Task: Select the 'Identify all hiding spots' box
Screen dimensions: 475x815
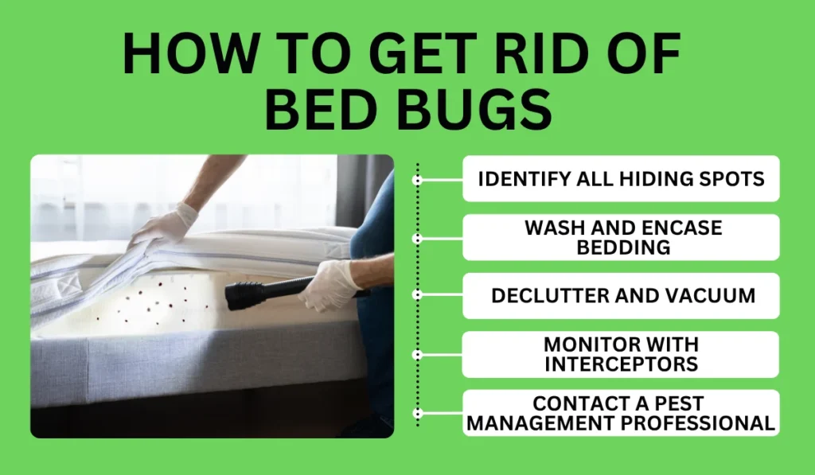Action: tap(621, 178)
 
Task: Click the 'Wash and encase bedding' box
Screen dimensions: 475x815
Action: tap(621, 237)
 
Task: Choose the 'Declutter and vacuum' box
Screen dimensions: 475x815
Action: tap(621, 296)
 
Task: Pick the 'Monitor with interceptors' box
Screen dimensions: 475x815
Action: tap(621, 355)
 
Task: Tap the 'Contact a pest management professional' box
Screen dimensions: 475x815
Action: tap(621, 413)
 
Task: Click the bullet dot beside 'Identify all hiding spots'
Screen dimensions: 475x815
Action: tap(417, 179)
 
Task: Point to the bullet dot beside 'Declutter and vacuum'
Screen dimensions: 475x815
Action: tap(417, 296)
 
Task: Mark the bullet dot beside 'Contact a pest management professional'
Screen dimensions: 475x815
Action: tap(417, 413)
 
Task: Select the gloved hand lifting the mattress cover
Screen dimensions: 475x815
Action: tap(163, 227)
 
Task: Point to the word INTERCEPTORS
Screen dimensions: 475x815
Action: tap(621, 364)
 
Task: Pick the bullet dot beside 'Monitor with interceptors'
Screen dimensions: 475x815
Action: tap(417, 355)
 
